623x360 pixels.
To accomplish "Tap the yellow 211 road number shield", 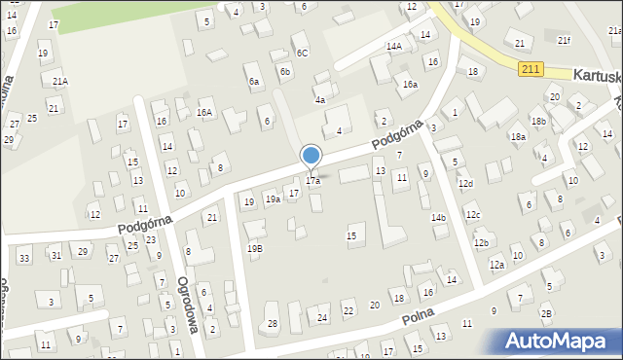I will [530, 68].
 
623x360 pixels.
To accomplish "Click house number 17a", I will [312, 181].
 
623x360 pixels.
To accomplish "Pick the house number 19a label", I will [273, 199].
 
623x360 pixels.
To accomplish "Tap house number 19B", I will [254, 248].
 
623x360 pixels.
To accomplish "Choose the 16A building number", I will [203, 113].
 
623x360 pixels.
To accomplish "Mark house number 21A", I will [60, 82].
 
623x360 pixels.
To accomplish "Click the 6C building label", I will [302, 53].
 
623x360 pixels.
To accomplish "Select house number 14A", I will [393, 46].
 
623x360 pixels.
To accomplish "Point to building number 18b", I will [538, 121].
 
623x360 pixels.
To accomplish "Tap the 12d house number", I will [466, 184].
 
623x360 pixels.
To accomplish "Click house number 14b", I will [439, 218].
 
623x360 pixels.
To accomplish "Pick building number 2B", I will [546, 312].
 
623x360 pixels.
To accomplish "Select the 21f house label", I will [564, 40].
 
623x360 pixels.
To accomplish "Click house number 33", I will [23, 257].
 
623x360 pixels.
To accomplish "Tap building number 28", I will [273, 323].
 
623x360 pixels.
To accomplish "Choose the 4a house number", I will [319, 99].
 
